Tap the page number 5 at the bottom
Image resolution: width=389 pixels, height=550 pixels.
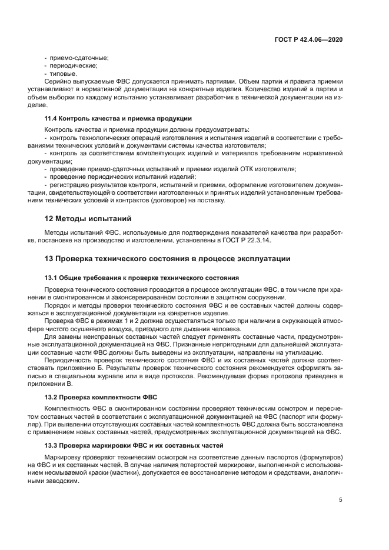click(x=340, y=500)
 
